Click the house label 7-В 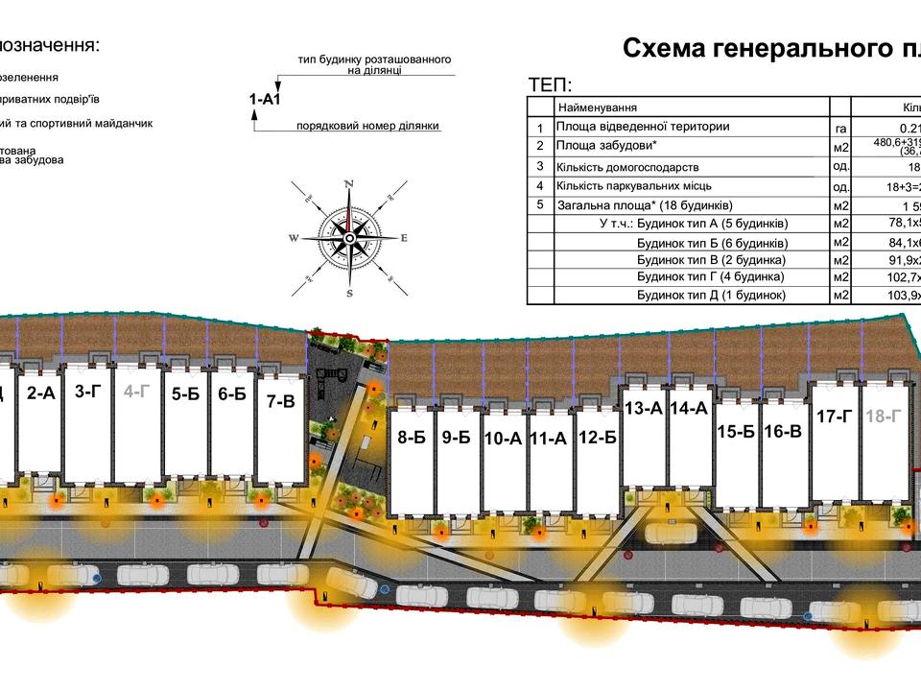[x=280, y=402]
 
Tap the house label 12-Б [x=597, y=439]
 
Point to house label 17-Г [x=835, y=417]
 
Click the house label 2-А [x=40, y=392]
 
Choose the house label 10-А [x=503, y=440]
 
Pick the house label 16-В [x=783, y=431]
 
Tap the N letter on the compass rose [x=349, y=183]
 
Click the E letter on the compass [x=404, y=238]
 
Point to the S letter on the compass [x=349, y=293]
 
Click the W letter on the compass [x=295, y=239]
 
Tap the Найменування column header [x=598, y=107]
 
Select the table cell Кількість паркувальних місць [x=636, y=186]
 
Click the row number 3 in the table [x=540, y=166]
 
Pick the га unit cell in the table [x=840, y=128]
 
